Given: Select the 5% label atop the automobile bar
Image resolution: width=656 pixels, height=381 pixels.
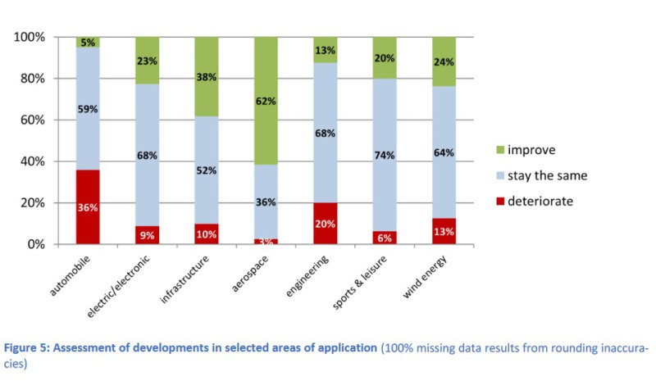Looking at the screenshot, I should (89, 42).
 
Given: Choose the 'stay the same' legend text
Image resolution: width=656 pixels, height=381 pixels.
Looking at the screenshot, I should (548, 175).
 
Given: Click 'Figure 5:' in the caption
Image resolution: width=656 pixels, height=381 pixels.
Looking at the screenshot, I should (30, 347).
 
